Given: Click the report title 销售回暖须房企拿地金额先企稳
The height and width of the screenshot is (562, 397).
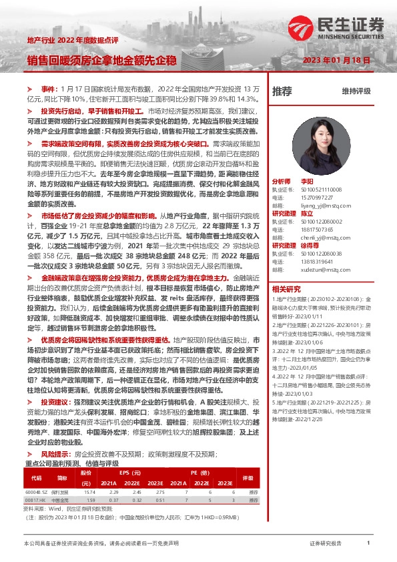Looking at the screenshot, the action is pyautogui.click(x=101, y=60).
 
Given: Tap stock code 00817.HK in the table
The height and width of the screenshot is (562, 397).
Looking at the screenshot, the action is pyautogui.click(x=35, y=499).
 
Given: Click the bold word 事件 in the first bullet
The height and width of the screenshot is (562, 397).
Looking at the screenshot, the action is pyautogui.click(x=49, y=87).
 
